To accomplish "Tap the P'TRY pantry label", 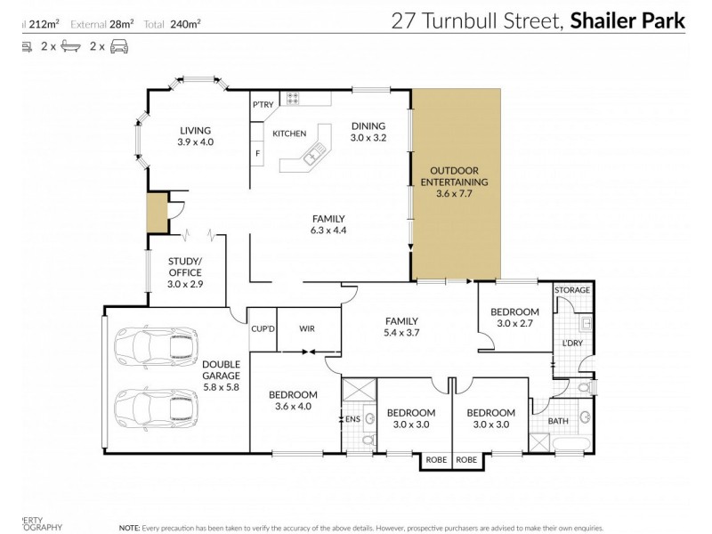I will coord(263,105).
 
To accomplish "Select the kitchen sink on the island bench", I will coord(310,158).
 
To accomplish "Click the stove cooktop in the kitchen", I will coord(293,101).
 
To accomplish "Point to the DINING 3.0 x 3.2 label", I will coord(368,132).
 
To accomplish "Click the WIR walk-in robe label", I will coord(307,328).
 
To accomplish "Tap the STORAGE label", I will coord(572,290).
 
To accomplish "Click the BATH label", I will coord(558,420).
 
